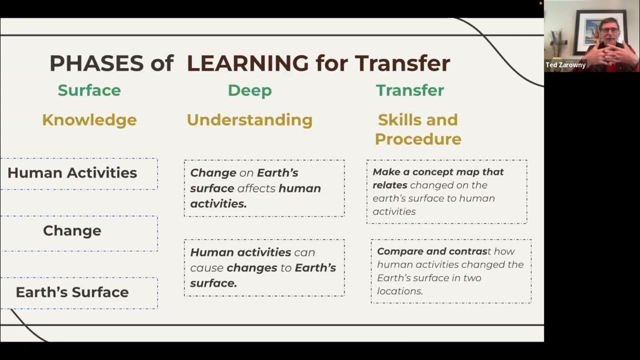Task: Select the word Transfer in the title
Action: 402,63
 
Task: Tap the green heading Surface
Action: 89,90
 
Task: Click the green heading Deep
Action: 249,90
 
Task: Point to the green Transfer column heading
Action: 409,90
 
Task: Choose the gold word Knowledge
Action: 89,120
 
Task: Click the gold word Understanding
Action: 249,120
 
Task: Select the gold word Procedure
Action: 417,139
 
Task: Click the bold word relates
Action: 389,185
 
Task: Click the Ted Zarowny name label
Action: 565,65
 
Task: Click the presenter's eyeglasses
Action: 608,30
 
